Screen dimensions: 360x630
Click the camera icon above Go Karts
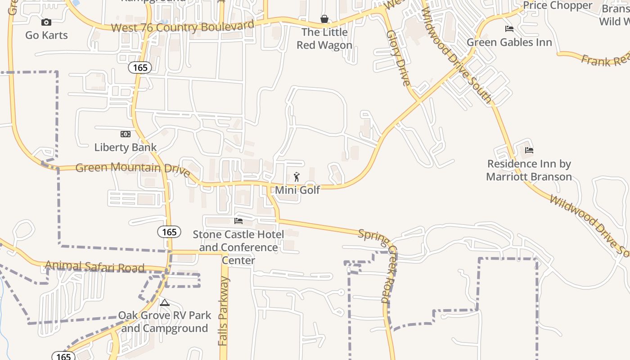point(46,22)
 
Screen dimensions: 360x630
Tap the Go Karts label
point(46,35)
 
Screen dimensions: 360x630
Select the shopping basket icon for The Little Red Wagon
point(324,19)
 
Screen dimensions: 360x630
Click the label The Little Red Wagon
point(324,39)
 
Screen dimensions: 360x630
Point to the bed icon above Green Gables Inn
point(509,29)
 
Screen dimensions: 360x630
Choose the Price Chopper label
point(558,5)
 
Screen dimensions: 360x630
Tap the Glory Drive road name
point(399,58)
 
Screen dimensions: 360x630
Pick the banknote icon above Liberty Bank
point(126,134)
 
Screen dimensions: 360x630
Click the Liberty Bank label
point(126,147)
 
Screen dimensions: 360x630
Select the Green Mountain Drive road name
point(133,169)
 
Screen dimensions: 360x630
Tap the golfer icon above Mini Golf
point(297,177)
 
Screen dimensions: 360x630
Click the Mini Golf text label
point(297,190)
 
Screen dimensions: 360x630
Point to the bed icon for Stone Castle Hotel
point(238,220)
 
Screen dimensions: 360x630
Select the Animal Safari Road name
point(94,267)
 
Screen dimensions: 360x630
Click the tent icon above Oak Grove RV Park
point(165,303)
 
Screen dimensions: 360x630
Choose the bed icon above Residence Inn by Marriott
point(529,150)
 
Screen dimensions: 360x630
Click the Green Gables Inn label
point(509,42)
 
